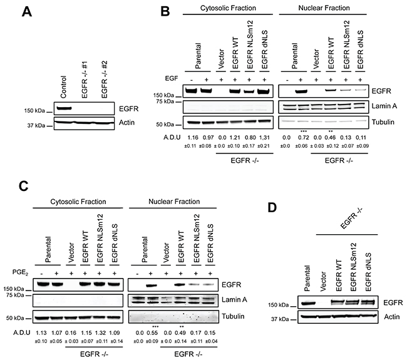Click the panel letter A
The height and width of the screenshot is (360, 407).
click(27, 12)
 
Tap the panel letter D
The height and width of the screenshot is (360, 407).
click(272, 208)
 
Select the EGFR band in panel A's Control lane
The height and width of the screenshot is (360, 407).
click(64, 108)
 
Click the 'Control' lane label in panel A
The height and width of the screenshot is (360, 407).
click(63, 87)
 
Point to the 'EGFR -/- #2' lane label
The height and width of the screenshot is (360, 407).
click(104, 80)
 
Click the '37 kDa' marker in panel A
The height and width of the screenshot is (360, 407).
click(36, 126)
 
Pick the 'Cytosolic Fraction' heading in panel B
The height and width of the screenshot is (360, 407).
click(228, 8)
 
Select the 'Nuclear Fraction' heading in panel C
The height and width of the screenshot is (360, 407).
click(174, 202)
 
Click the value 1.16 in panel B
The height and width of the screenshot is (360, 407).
click(193, 138)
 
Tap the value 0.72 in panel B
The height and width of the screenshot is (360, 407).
click(303, 138)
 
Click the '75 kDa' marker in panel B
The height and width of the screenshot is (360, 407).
click(165, 101)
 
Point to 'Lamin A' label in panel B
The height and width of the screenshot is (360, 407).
click(384, 106)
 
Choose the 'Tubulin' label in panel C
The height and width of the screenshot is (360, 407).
click(233, 316)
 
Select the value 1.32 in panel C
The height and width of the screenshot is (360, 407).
click(99, 333)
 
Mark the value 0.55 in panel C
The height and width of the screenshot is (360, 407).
click(152, 333)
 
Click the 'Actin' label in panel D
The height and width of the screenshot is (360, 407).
click(392, 317)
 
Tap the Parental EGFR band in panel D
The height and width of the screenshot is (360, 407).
click(307, 302)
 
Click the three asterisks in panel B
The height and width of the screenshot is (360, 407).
click(303, 132)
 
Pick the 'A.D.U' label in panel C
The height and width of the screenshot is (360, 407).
click(22, 333)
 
